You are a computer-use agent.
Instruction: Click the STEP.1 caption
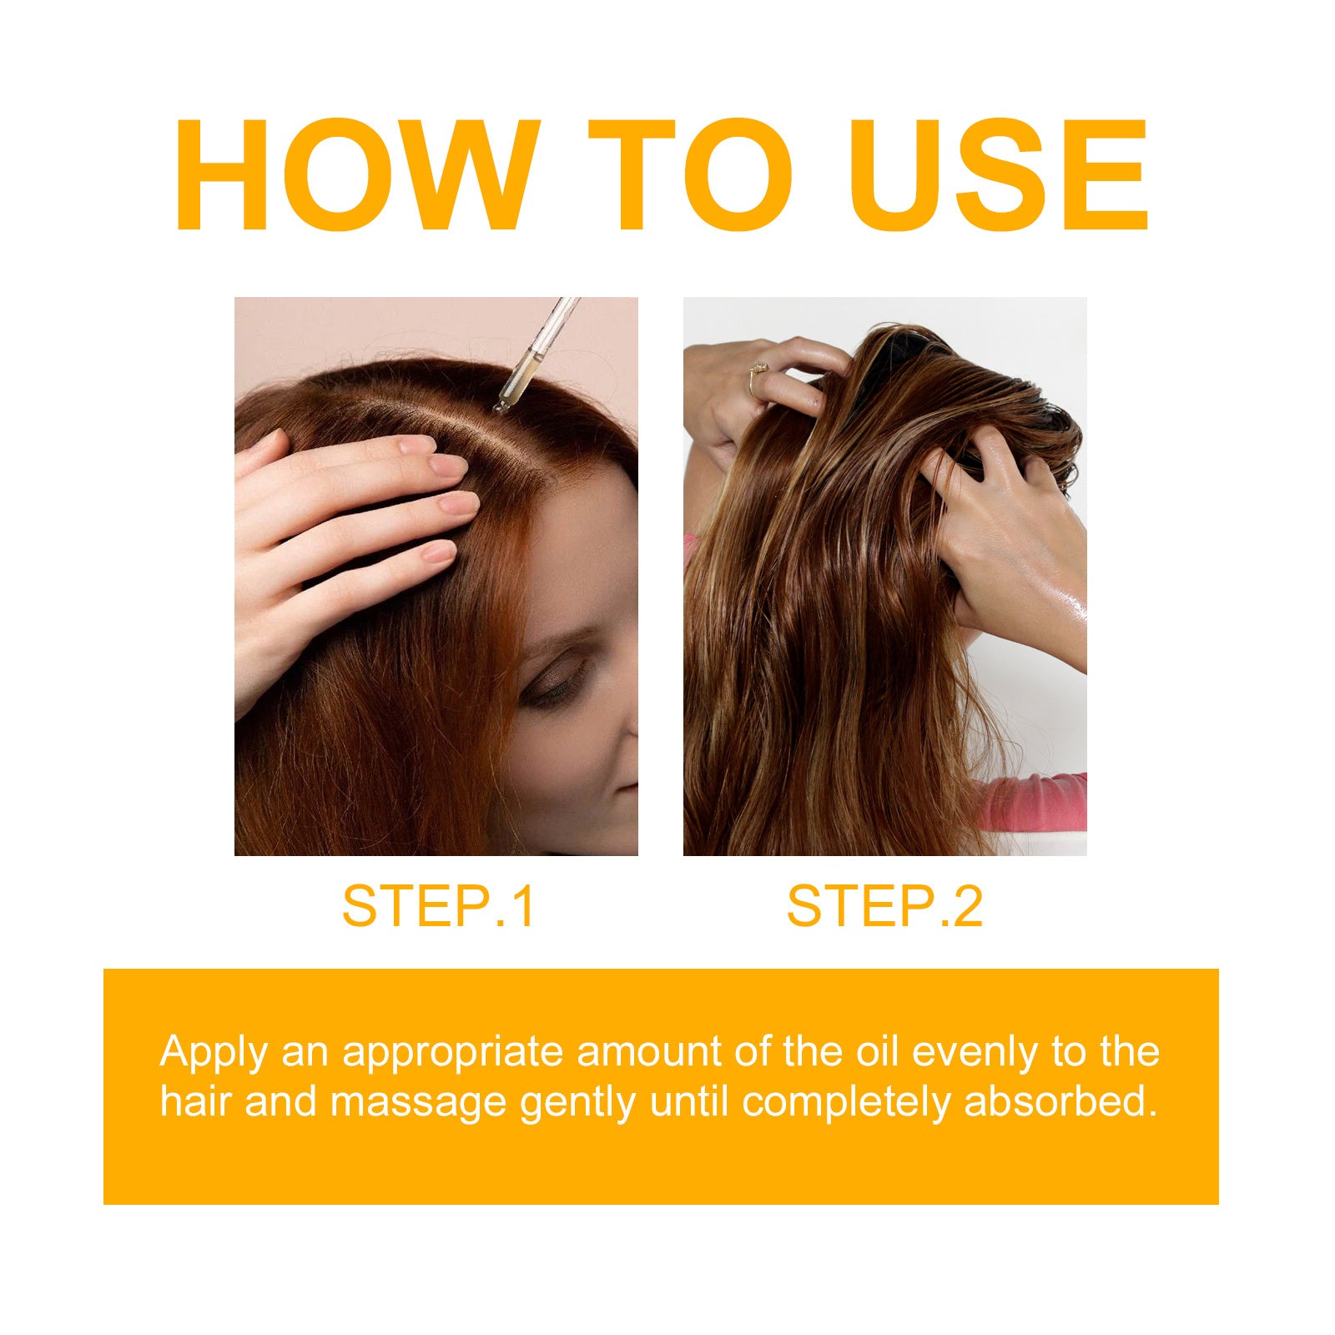click(438, 906)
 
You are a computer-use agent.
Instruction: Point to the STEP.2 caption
click(884, 906)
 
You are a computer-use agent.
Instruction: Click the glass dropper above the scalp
click(534, 355)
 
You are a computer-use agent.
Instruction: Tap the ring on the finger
click(758, 369)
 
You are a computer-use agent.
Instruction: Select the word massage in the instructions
click(419, 1103)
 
